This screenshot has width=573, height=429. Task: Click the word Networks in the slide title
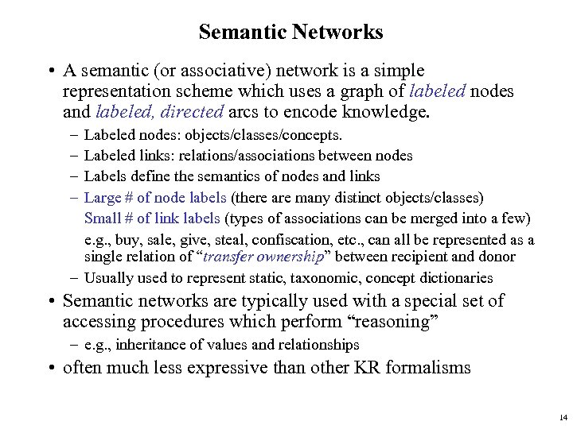coord(340,33)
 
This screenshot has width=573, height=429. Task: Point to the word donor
coord(497,257)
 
